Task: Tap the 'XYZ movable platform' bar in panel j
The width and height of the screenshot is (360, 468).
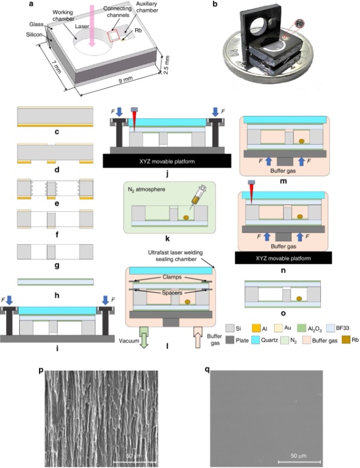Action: pyautogui.click(x=161, y=161)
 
